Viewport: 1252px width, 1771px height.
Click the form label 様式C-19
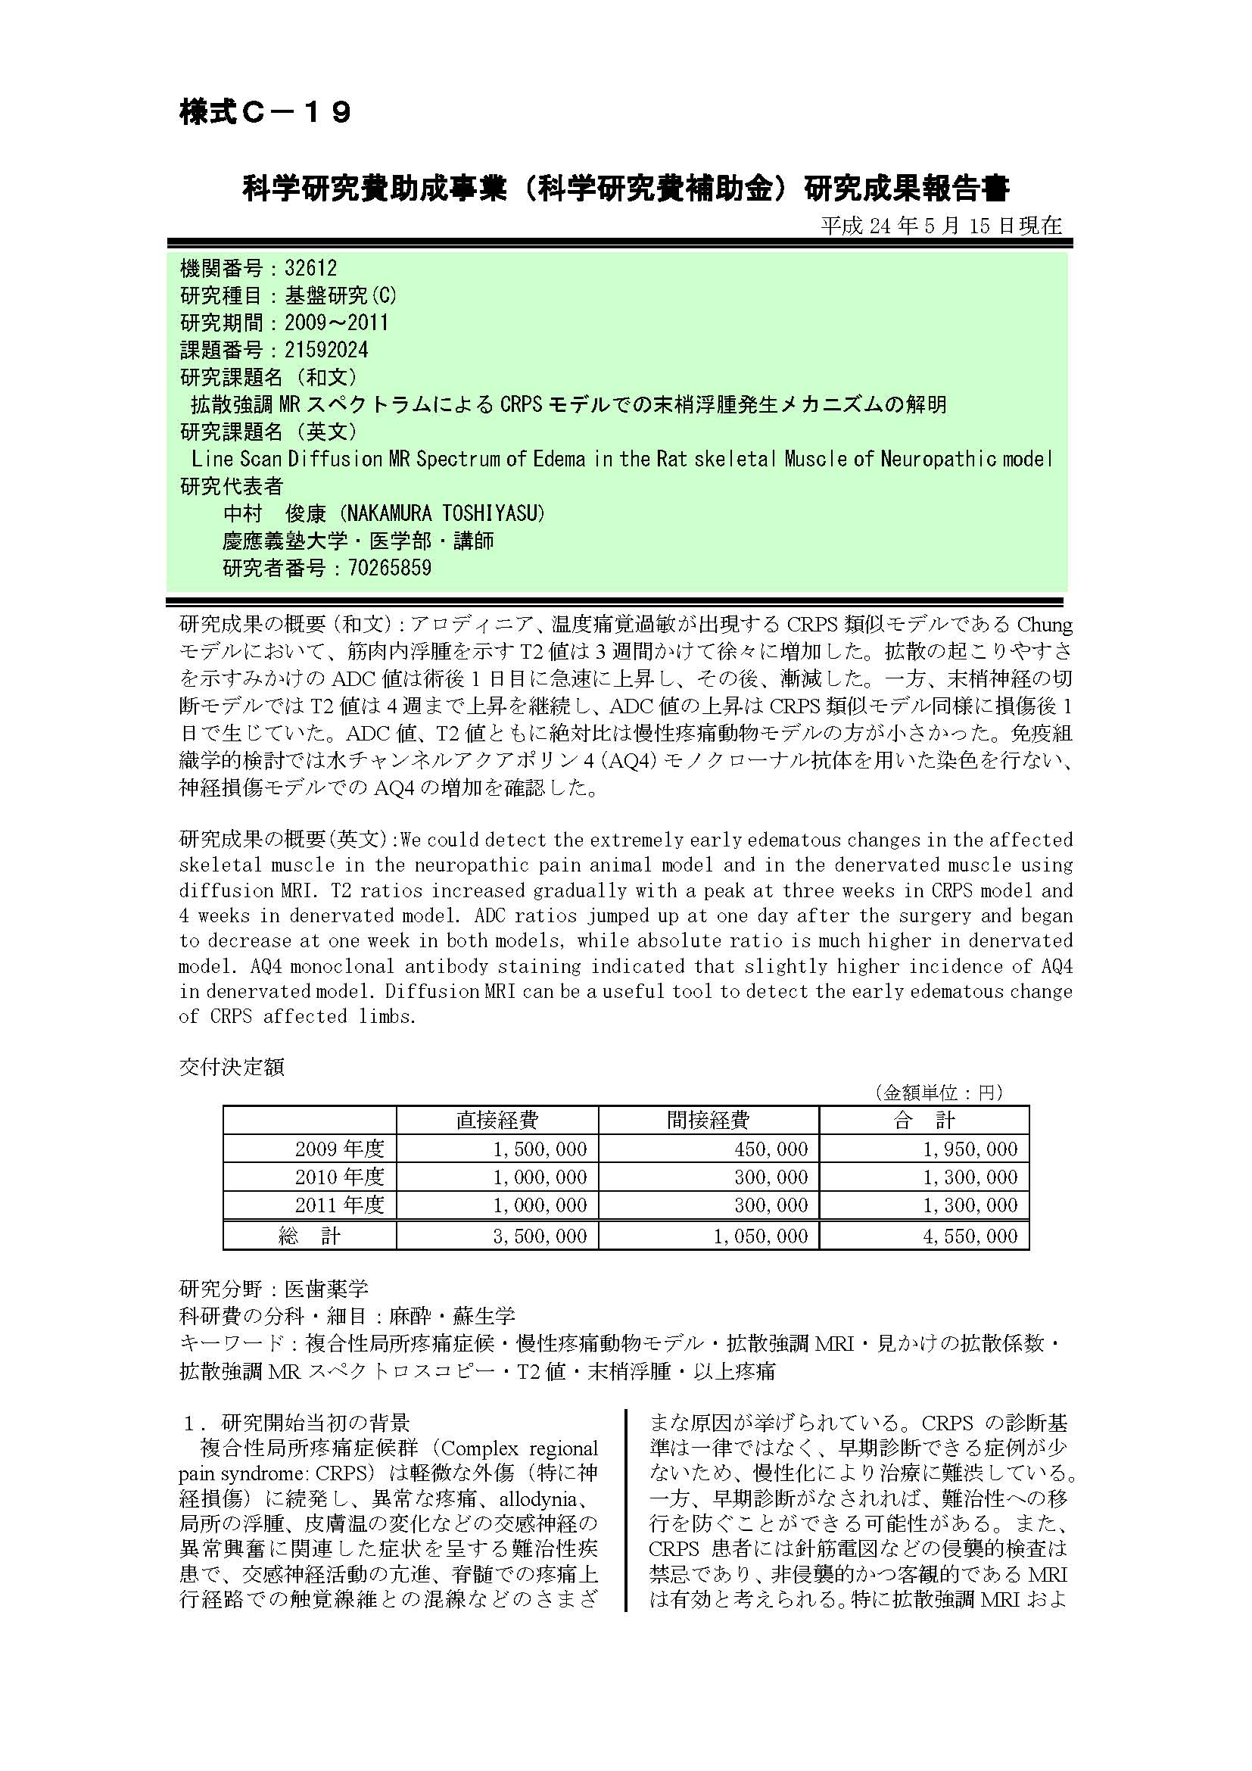[x=265, y=113]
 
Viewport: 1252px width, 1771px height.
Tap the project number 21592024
[x=326, y=351]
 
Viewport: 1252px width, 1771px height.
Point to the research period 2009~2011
[x=336, y=323]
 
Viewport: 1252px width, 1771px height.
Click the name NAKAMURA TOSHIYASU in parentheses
[x=447, y=513]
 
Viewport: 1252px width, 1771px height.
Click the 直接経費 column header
[x=497, y=1119]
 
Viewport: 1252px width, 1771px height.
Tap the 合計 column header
[x=923, y=1119]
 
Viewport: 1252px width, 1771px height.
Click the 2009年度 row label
[x=339, y=1149]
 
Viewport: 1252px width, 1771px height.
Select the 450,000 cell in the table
[x=771, y=1149]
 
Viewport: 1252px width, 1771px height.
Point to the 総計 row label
[x=309, y=1236]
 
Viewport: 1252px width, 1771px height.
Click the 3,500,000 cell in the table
[x=540, y=1236]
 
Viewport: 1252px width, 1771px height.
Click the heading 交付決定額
[x=232, y=1067]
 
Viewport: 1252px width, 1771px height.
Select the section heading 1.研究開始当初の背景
[x=297, y=1423]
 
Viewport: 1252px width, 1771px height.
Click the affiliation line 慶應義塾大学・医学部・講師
[x=359, y=541]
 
